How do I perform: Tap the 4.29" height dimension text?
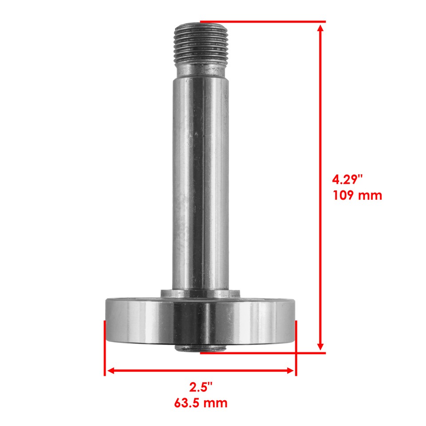[x=348, y=180]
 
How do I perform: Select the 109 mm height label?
[x=357, y=195]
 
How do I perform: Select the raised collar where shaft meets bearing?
[x=200, y=294]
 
